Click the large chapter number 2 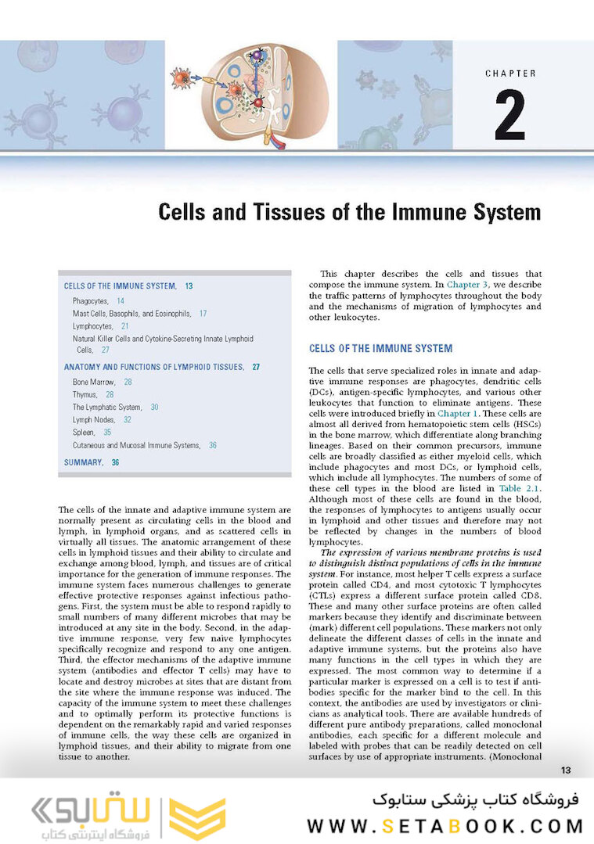(x=509, y=115)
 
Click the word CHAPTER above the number (x=510, y=74)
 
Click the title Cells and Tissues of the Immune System (x=350, y=212)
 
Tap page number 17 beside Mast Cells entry (x=203, y=314)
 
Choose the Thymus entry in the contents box (x=85, y=395)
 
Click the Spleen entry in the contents (x=84, y=433)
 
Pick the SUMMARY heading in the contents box (x=83, y=462)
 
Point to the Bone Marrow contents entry (x=94, y=382)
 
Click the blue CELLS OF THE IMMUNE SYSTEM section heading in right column (x=380, y=348)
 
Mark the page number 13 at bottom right (x=567, y=770)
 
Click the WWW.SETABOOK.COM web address (x=445, y=826)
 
